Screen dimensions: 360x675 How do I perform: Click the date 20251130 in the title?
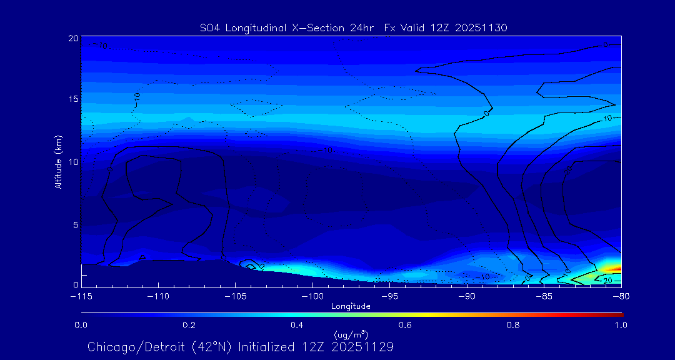pyautogui.click(x=482, y=27)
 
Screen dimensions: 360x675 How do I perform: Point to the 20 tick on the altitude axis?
pyautogui.click(x=73, y=39)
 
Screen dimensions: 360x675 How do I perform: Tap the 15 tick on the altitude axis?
pyautogui.click(x=73, y=100)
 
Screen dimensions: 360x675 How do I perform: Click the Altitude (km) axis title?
pyautogui.click(x=59, y=162)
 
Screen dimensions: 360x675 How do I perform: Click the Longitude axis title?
pyautogui.click(x=351, y=306)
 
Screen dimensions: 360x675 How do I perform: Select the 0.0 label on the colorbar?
pyautogui.click(x=81, y=325)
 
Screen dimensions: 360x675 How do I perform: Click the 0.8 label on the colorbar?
pyautogui.click(x=514, y=325)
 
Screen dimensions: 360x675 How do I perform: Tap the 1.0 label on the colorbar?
pyautogui.click(x=621, y=325)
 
